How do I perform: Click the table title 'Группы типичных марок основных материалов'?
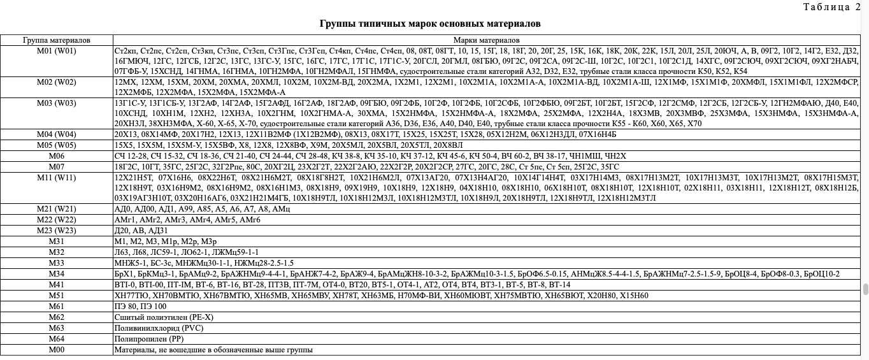tap(430, 24)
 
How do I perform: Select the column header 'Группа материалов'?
tap(57, 40)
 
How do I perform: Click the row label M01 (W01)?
tap(57, 51)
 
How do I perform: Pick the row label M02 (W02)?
tap(57, 82)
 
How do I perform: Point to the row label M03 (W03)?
tap(57, 103)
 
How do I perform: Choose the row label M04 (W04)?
tap(57, 134)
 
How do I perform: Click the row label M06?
tap(57, 155)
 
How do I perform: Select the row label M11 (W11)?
tap(57, 177)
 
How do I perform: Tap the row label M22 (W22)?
tap(57, 220)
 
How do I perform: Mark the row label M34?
tap(57, 274)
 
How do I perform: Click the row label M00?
tap(57, 350)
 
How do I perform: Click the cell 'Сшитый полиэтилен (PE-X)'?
tap(155, 317)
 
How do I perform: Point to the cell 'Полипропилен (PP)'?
tap(148, 339)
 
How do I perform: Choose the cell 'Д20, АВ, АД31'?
tap(141, 231)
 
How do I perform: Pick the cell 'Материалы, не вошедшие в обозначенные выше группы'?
tap(213, 350)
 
